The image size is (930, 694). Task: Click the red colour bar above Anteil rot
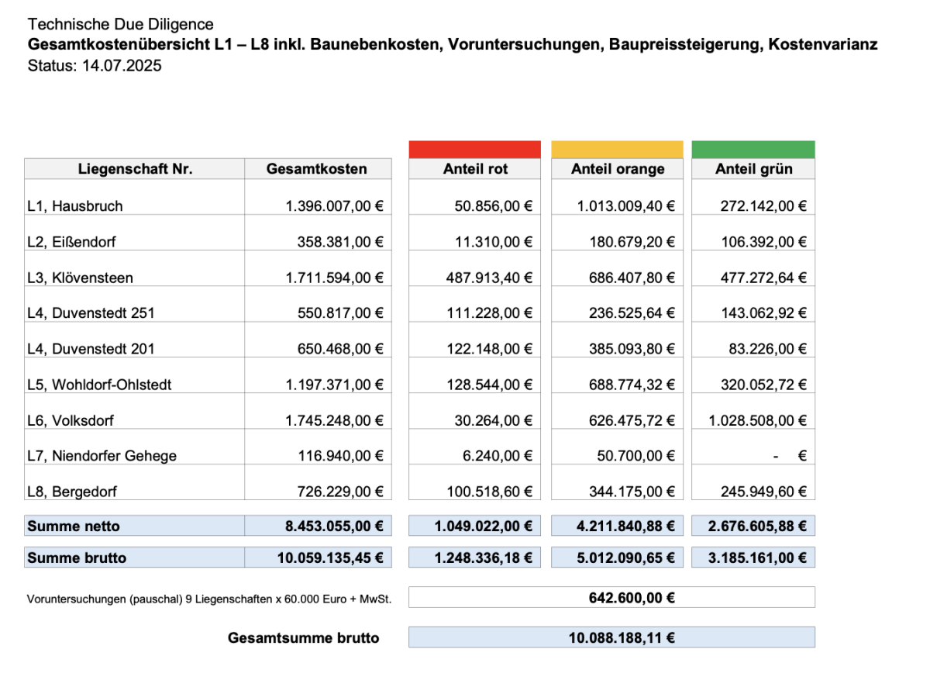(x=474, y=150)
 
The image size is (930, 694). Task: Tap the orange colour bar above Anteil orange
(x=617, y=150)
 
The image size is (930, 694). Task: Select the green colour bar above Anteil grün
(x=753, y=150)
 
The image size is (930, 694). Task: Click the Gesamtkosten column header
(x=317, y=169)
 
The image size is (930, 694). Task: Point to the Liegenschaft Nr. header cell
(x=135, y=169)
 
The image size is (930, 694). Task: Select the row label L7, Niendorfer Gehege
(x=102, y=456)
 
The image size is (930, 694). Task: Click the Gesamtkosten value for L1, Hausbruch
(x=335, y=206)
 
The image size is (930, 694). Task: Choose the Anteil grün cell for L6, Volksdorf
(x=758, y=420)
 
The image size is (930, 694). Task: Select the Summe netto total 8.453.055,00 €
(x=335, y=527)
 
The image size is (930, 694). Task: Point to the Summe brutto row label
(x=77, y=558)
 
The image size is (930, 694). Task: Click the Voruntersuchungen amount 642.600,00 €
(x=622, y=598)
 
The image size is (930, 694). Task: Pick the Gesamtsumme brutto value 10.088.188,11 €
(x=622, y=638)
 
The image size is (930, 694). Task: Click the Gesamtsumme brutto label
(x=304, y=638)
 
